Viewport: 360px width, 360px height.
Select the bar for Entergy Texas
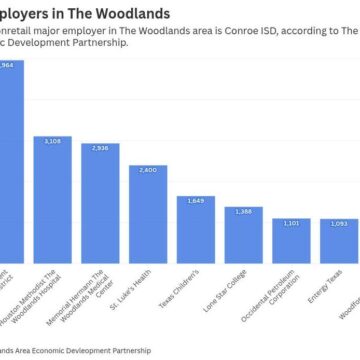pos(338,245)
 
